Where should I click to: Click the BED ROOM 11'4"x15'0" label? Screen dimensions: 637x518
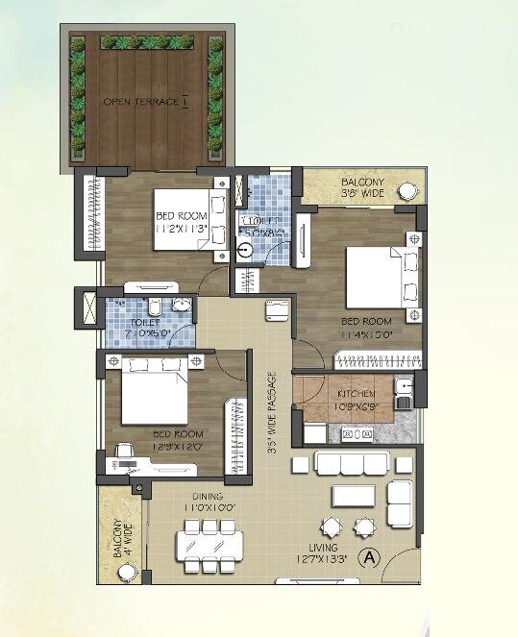pyautogui.click(x=367, y=327)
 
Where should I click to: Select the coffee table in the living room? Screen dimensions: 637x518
pyautogui.click(x=354, y=496)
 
